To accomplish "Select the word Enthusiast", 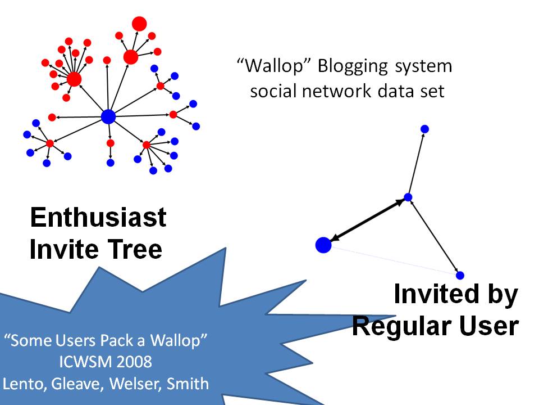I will pos(98,217).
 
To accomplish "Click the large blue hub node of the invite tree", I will pos(108,116).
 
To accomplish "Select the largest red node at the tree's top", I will pos(139,24).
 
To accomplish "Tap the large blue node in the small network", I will pos(323,245).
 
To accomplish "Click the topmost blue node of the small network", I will pos(425,129).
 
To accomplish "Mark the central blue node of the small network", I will pos(408,197).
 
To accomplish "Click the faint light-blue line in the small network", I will pos(393,260).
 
